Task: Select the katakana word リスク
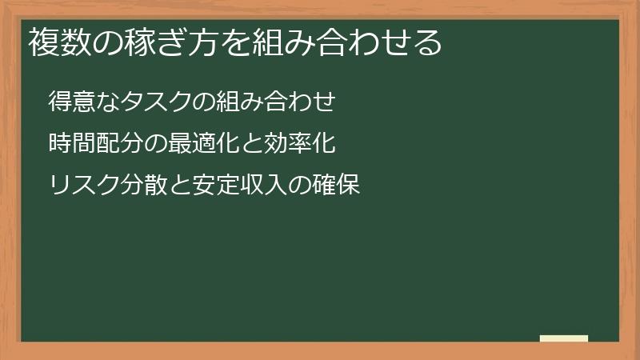pos(84,186)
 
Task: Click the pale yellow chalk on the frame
pos(564,338)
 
